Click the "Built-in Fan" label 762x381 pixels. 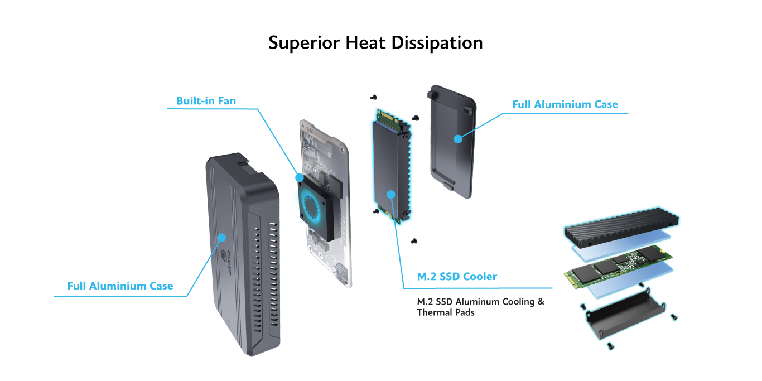[206, 101]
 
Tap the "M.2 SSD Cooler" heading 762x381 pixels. [457, 277]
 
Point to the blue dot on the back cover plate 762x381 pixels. [457, 138]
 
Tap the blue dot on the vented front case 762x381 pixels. [221, 238]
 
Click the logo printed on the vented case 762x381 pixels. [225, 262]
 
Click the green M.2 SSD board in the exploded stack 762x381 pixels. [614, 267]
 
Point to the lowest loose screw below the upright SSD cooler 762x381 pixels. [414, 241]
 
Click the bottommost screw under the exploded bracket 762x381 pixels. [611, 346]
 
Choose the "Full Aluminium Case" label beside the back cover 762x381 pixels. [565, 104]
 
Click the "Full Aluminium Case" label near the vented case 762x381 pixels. [120, 286]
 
